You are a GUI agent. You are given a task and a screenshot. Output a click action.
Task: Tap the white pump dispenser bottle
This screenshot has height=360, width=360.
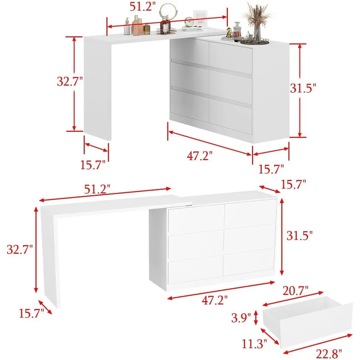point(127,28)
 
